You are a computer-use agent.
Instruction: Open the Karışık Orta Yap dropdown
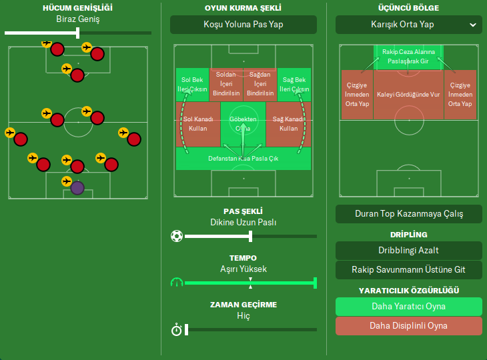(408, 25)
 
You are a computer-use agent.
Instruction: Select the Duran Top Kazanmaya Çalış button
(408, 214)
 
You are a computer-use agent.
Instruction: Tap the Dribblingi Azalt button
(408, 251)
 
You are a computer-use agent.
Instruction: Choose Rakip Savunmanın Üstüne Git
(408, 270)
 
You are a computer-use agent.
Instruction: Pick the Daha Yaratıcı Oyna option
(408, 307)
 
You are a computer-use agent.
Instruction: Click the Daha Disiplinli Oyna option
(408, 326)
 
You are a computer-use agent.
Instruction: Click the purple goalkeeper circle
(77, 188)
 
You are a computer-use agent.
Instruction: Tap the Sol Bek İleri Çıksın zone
(191, 85)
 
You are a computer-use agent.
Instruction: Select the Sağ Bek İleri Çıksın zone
(294, 85)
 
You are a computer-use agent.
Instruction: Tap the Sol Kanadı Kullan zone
(197, 124)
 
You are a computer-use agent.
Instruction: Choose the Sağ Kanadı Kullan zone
(288, 124)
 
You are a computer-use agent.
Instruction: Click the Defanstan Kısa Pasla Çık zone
(243, 159)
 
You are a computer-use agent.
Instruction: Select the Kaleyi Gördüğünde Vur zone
(408, 95)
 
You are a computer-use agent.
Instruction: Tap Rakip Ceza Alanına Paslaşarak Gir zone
(408, 56)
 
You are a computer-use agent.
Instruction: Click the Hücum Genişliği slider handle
(79, 32)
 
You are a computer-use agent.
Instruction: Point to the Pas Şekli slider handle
(250, 236)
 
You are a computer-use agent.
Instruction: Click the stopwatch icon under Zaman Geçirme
(176, 329)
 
